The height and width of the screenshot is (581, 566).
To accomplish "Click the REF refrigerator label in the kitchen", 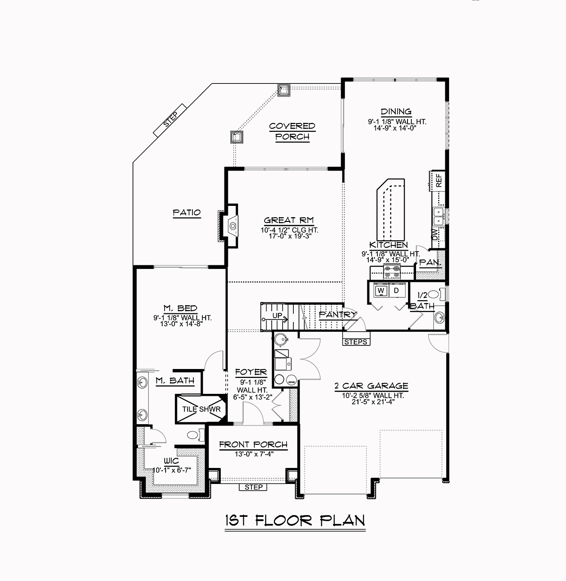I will pyautogui.click(x=439, y=180).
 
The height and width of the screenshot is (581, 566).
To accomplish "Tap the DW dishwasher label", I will pyautogui.click(x=435, y=234).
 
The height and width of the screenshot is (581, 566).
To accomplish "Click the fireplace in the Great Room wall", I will pyautogui.click(x=232, y=225).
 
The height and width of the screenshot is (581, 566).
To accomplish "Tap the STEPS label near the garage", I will pyautogui.click(x=356, y=342).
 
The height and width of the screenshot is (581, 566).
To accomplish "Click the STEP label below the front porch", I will pyautogui.click(x=254, y=487).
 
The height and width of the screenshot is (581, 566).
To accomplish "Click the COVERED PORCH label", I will pyautogui.click(x=292, y=131).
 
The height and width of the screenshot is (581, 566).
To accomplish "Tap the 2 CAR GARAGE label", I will pyautogui.click(x=371, y=386).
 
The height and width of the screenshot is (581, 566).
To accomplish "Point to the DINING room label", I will pyautogui.click(x=396, y=112).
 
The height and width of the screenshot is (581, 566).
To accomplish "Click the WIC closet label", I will pyautogui.click(x=171, y=460).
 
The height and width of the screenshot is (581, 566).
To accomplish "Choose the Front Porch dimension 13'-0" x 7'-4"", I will pyautogui.click(x=253, y=454).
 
